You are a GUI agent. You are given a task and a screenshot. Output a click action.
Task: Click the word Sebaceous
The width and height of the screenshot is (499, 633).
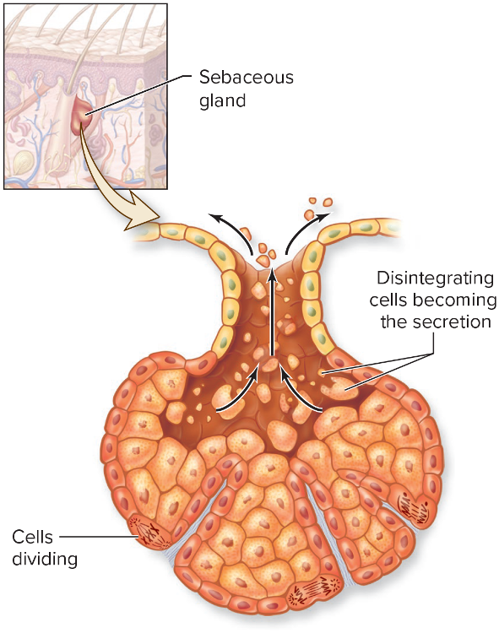click(247, 77)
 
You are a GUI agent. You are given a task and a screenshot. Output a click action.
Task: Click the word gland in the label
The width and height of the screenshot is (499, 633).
click(222, 100)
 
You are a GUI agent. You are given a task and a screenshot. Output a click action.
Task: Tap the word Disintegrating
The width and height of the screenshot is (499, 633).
click(435, 279)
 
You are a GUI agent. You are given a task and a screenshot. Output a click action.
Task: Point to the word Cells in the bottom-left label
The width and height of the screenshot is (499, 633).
click(32, 537)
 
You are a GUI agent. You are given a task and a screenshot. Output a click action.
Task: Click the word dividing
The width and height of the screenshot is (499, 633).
click(45, 560)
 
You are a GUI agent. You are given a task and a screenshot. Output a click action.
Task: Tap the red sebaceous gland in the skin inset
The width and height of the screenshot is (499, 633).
click(82, 111)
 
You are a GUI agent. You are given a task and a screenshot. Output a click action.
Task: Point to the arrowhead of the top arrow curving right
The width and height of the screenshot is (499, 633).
click(323, 216)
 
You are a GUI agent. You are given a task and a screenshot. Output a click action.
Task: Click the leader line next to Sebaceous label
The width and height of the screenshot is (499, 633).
click(137, 95)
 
